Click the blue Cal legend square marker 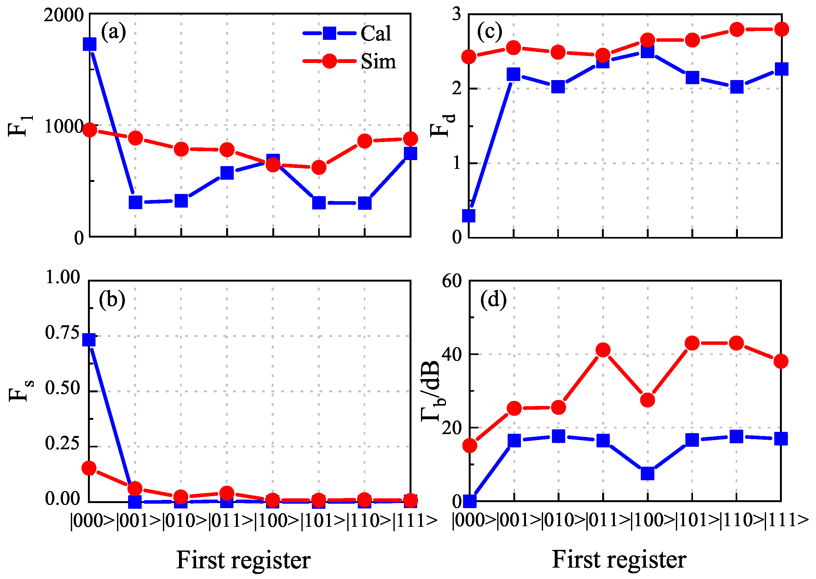coord(329,33)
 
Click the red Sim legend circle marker coord(329,61)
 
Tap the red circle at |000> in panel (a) coord(90,130)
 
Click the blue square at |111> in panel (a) coord(411,154)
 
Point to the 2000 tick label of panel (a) coord(64,16)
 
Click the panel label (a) coord(113,32)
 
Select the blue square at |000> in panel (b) coord(89,340)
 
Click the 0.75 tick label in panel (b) coord(62,333)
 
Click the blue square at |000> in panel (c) coord(469,216)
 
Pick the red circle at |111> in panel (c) coord(782,29)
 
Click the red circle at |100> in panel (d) coord(647,400)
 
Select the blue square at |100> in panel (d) coord(647,473)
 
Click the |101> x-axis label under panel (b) coord(324,521)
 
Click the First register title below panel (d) coord(619,559)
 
